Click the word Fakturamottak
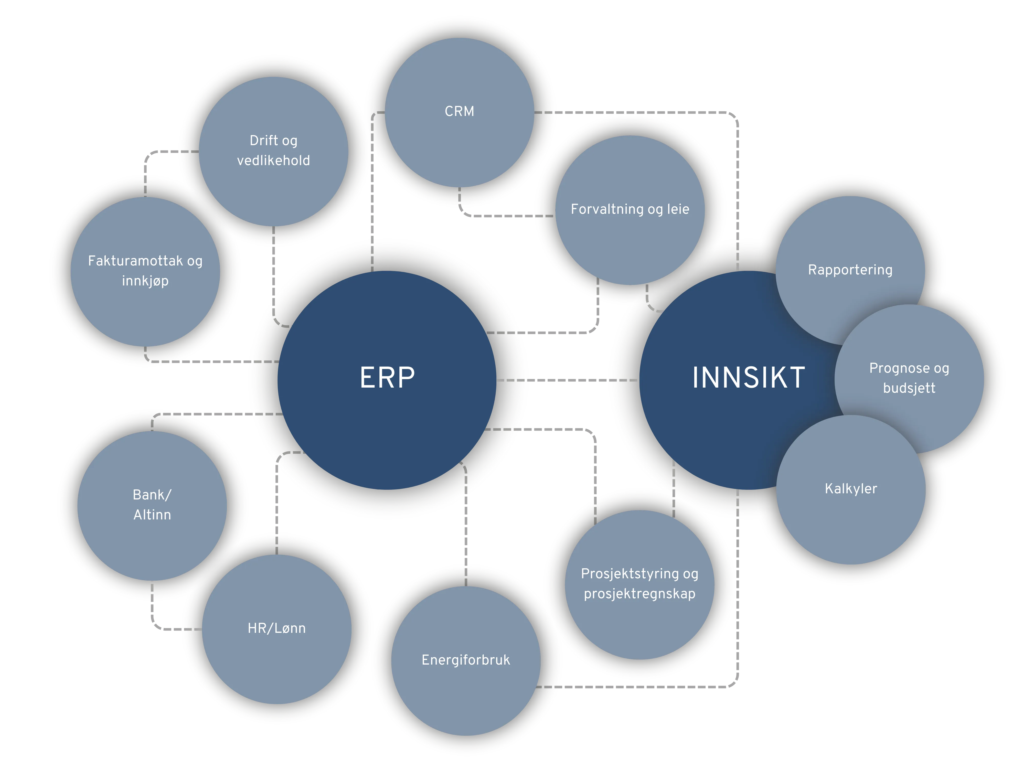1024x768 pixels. tap(135, 261)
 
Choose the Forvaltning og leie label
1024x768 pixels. tap(630, 209)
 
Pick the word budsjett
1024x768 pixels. tap(909, 388)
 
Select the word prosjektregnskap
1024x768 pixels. tap(639, 593)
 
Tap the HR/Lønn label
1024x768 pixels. tap(276, 628)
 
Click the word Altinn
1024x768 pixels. tap(152, 515)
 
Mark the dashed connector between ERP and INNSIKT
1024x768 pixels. tap(567, 380)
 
